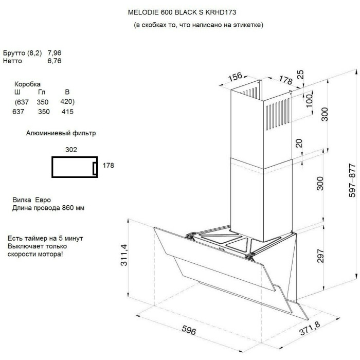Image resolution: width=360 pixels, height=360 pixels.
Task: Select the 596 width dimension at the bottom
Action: coord(189,331)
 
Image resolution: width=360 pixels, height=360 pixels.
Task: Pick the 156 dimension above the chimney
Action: coord(235,77)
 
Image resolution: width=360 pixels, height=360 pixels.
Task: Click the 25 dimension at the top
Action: coord(301,74)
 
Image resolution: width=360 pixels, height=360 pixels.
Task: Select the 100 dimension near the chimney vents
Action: coord(308,100)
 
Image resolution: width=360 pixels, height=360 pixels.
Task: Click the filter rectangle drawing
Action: coord(75,167)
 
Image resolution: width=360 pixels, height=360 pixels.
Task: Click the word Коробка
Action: coord(27,84)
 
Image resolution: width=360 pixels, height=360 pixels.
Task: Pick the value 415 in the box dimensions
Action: coord(67,112)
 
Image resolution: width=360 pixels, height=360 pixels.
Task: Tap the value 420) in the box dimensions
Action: coord(67,101)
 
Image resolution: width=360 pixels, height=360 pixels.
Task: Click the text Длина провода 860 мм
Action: coord(48,208)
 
